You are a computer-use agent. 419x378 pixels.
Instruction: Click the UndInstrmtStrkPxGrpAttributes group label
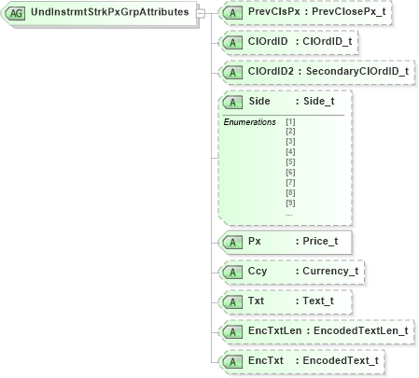[111, 14]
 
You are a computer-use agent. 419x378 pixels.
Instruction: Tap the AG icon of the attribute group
[16, 14]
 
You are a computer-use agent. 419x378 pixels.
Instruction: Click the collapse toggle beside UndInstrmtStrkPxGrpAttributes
[201, 14]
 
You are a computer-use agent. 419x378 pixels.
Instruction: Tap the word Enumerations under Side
[249, 122]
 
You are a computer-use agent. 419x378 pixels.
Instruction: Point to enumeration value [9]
[290, 202]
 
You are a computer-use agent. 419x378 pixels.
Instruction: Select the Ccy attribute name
[257, 272]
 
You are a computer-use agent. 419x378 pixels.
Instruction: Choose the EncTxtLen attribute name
[273, 330]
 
